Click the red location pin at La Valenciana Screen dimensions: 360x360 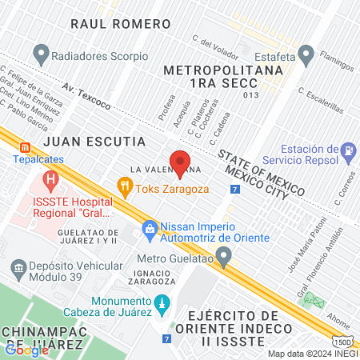[x=180, y=163]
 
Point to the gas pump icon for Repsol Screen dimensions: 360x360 [x=348, y=150]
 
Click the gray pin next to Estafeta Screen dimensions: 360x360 [x=305, y=55]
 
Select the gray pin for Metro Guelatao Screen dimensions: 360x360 [x=225, y=257]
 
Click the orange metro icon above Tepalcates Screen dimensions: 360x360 [x=26, y=147]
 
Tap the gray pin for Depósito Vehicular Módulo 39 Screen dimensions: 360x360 [x=16, y=266]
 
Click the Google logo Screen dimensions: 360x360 [x=27, y=349]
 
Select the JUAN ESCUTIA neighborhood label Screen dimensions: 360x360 [x=94, y=142]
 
